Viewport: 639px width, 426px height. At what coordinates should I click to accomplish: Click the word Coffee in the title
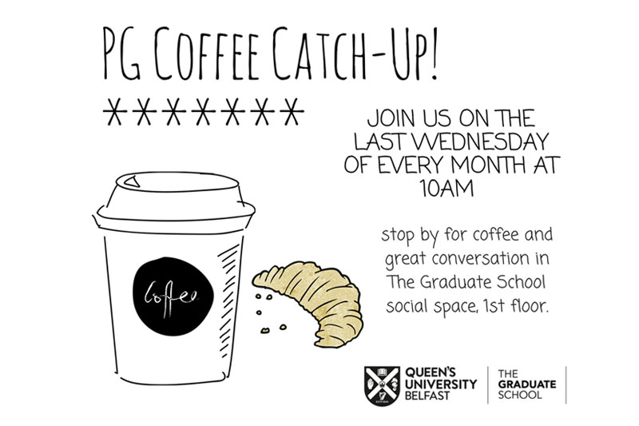click(207, 53)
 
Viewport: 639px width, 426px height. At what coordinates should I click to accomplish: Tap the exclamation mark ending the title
click(433, 52)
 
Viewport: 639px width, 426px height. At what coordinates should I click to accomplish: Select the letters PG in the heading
click(121, 53)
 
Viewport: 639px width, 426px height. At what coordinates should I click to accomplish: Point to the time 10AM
click(447, 189)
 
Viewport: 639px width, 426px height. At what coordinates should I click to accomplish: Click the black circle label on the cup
click(173, 297)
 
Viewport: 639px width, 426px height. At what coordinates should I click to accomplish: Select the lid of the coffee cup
click(175, 200)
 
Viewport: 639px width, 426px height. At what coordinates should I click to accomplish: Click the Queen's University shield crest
click(382, 386)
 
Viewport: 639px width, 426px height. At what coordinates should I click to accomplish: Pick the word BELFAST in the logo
click(427, 396)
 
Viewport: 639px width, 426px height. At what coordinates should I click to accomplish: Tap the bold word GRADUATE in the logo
click(527, 384)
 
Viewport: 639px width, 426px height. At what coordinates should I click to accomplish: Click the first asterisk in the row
click(114, 111)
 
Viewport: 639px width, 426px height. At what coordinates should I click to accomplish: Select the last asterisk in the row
click(292, 111)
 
